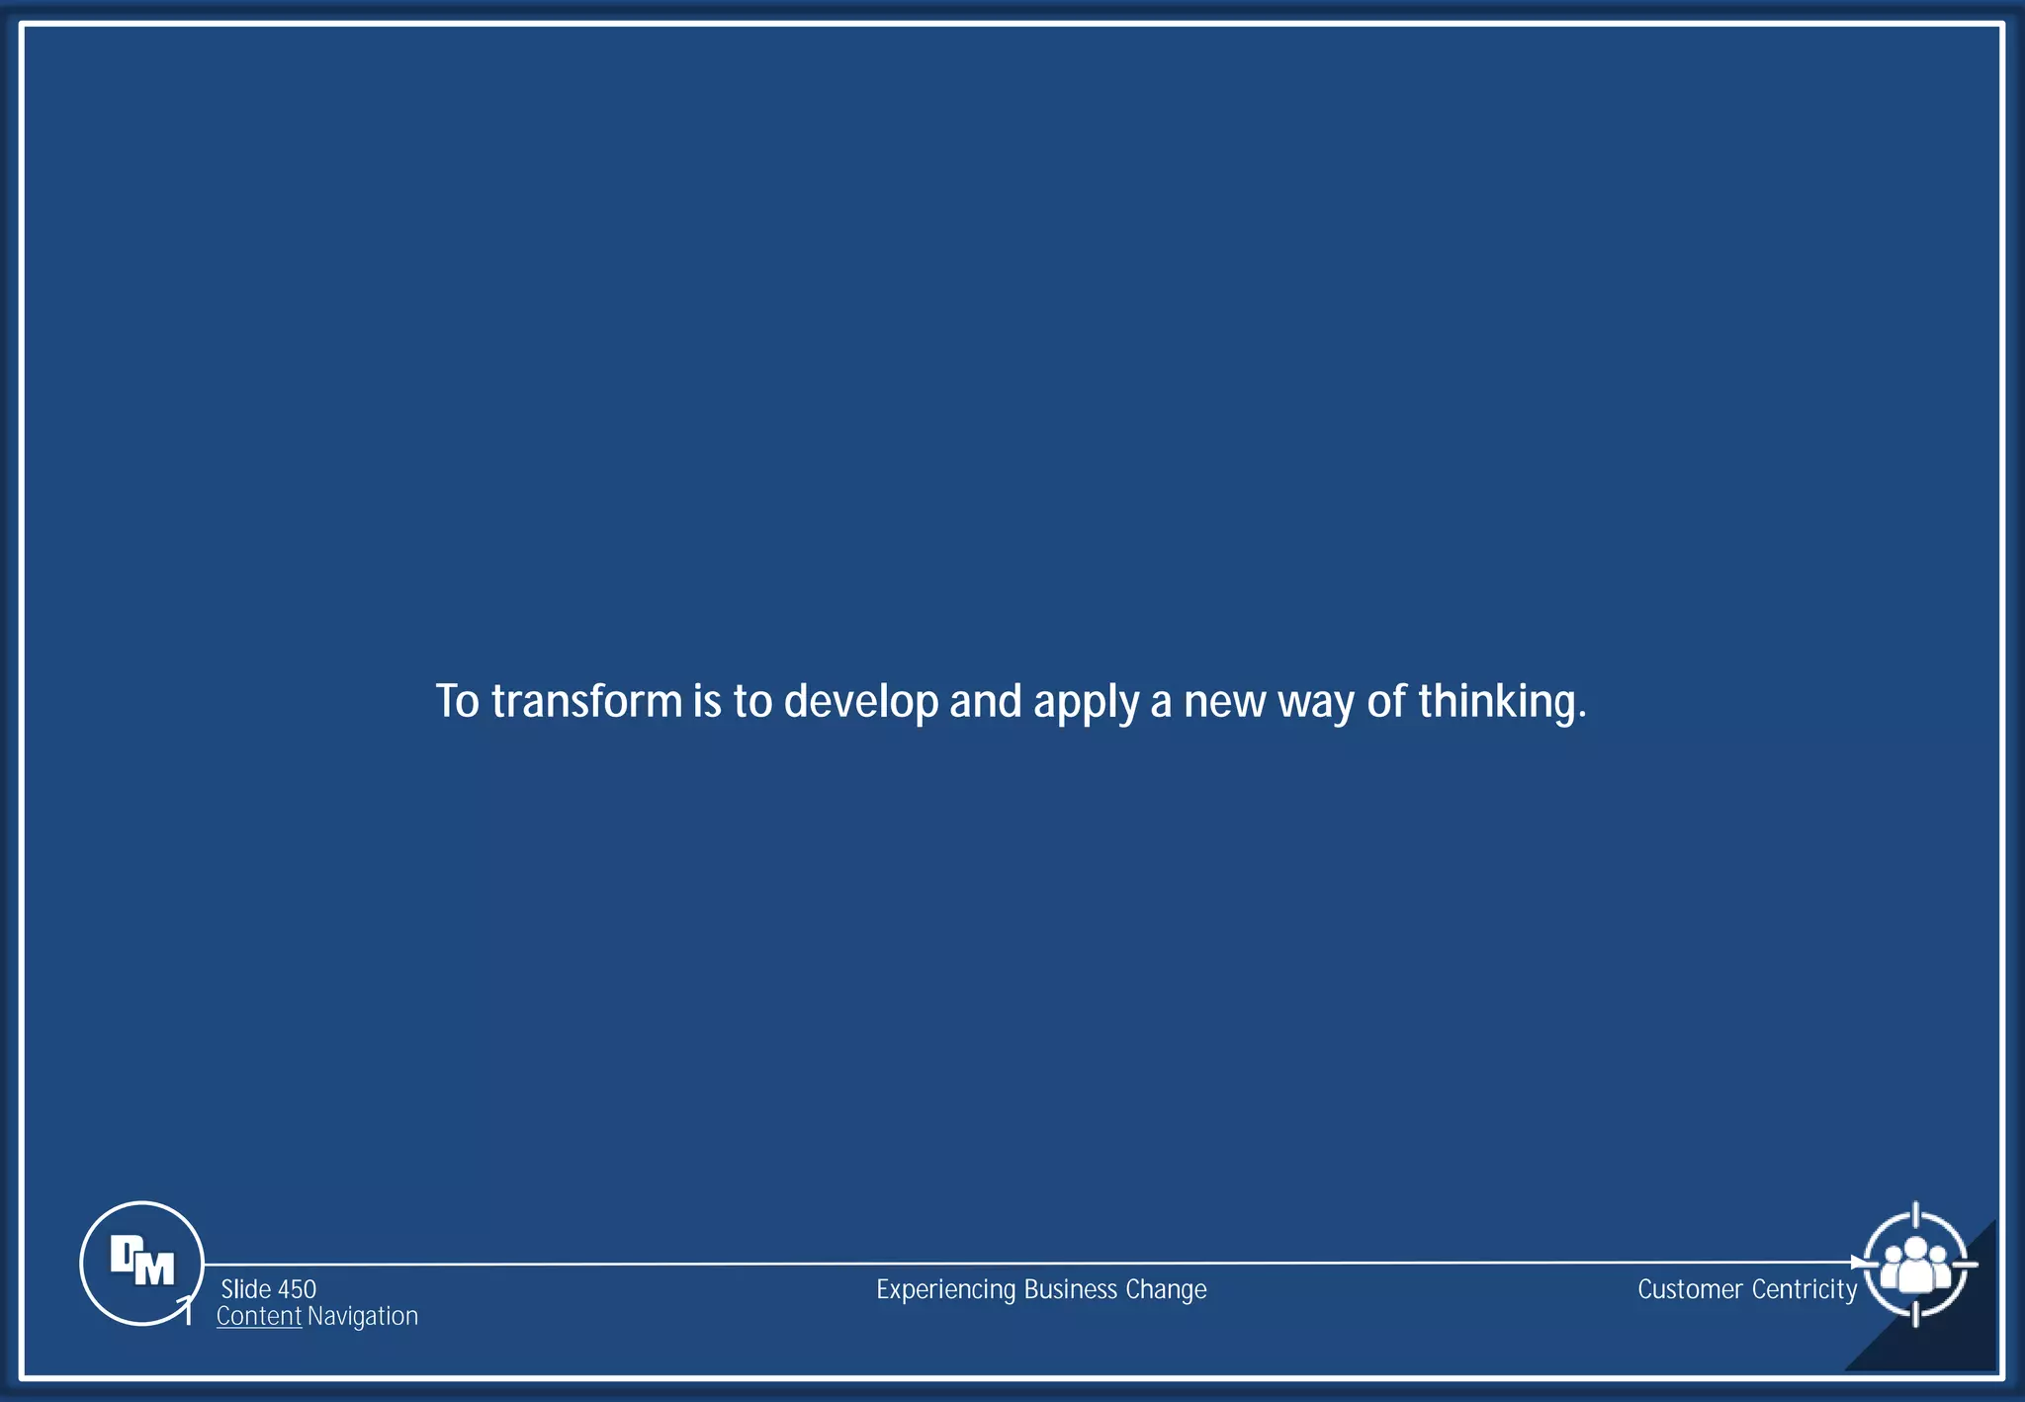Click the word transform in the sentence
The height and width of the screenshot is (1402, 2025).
coord(586,701)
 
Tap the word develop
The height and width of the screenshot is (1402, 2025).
coord(860,701)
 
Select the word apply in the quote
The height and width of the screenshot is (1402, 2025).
coord(1086,703)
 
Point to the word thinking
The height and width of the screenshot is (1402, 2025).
coord(1501,701)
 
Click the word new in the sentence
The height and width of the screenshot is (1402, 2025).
coord(1224,701)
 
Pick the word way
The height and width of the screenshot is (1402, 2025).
coord(1315,703)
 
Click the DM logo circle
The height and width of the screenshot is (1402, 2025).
coord(141,1263)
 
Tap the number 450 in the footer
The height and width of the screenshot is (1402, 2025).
coord(297,1289)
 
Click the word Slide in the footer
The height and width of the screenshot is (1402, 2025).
coord(245,1289)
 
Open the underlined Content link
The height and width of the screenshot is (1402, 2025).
coord(258,1316)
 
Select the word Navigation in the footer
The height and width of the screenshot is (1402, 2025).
coord(363,1316)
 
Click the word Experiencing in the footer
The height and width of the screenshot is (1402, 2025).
coord(945,1290)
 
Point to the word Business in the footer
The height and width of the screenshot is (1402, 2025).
coord(1071,1289)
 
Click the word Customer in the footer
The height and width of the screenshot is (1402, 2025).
coord(1689,1289)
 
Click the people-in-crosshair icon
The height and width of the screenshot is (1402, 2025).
coord(1915,1265)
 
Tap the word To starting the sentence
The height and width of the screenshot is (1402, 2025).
coord(457,701)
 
